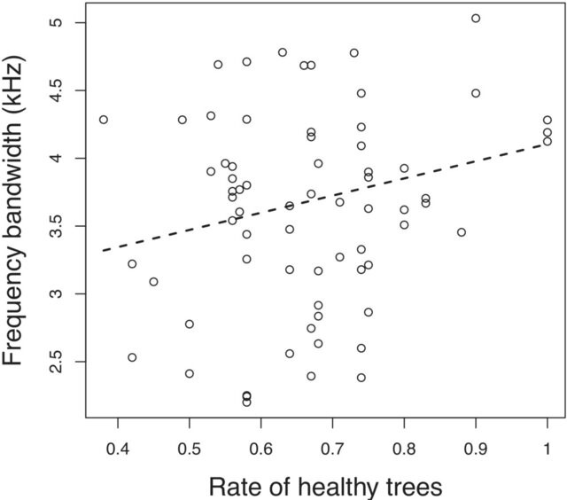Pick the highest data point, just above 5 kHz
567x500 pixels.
coord(476,18)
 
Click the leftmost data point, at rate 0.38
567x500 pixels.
coord(104,120)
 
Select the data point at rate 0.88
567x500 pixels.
coord(462,232)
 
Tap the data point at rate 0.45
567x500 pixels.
coord(153,282)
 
